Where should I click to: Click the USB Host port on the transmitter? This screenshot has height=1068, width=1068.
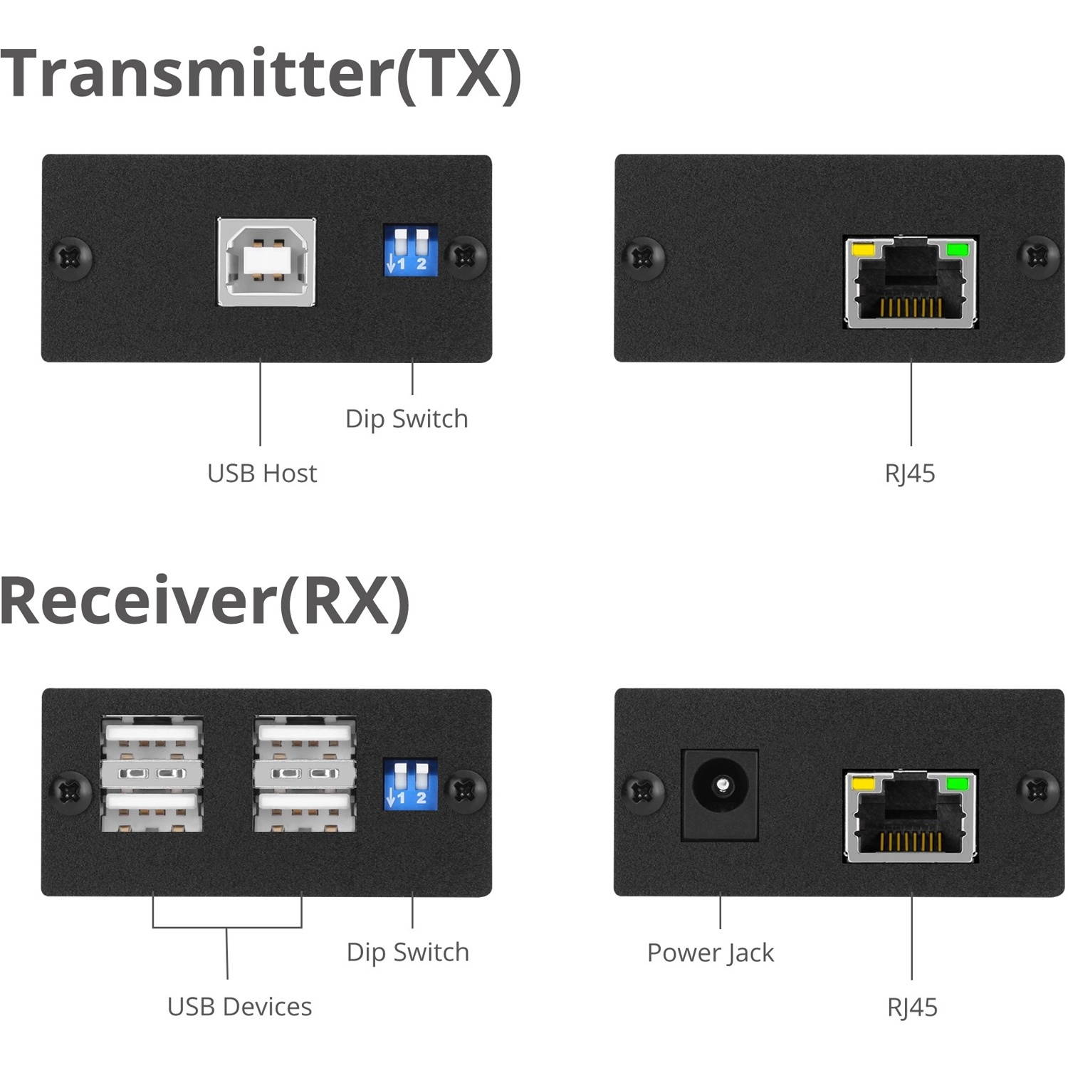pyautogui.click(x=266, y=261)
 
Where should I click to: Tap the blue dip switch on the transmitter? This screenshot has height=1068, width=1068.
pyautogui.click(x=410, y=251)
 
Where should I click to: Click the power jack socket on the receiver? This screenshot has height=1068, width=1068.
pyautogui.click(x=721, y=794)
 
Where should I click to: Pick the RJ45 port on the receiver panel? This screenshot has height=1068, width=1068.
pyautogui.click(x=911, y=816)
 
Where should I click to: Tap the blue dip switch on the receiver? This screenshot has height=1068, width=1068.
pyautogui.click(x=410, y=785)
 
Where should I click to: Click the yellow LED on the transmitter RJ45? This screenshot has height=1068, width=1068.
pyautogui.click(x=863, y=251)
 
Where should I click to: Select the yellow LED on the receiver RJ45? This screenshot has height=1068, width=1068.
pyautogui.click(x=863, y=785)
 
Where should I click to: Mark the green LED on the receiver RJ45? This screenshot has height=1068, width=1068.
pyautogui.click(x=957, y=785)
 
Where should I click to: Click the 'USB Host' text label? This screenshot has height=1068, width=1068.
pyautogui.click(x=262, y=473)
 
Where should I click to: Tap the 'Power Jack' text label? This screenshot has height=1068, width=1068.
pyautogui.click(x=710, y=953)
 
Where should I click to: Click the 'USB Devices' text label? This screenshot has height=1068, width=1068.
pyautogui.click(x=239, y=1007)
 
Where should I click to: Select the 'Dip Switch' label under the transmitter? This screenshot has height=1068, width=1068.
pyautogui.click(x=407, y=419)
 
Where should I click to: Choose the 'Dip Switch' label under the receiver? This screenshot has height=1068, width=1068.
pyautogui.click(x=407, y=952)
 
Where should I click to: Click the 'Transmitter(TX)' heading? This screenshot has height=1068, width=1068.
pyautogui.click(x=261, y=74)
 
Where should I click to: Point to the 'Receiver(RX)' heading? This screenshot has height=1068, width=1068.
pyautogui.click(x=205, y=601)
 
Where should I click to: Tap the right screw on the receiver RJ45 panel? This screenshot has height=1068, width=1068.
pyautogui.click(x=1038, y=790)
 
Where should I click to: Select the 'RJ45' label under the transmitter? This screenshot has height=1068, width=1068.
pyautogui.click(x=910, y=473)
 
